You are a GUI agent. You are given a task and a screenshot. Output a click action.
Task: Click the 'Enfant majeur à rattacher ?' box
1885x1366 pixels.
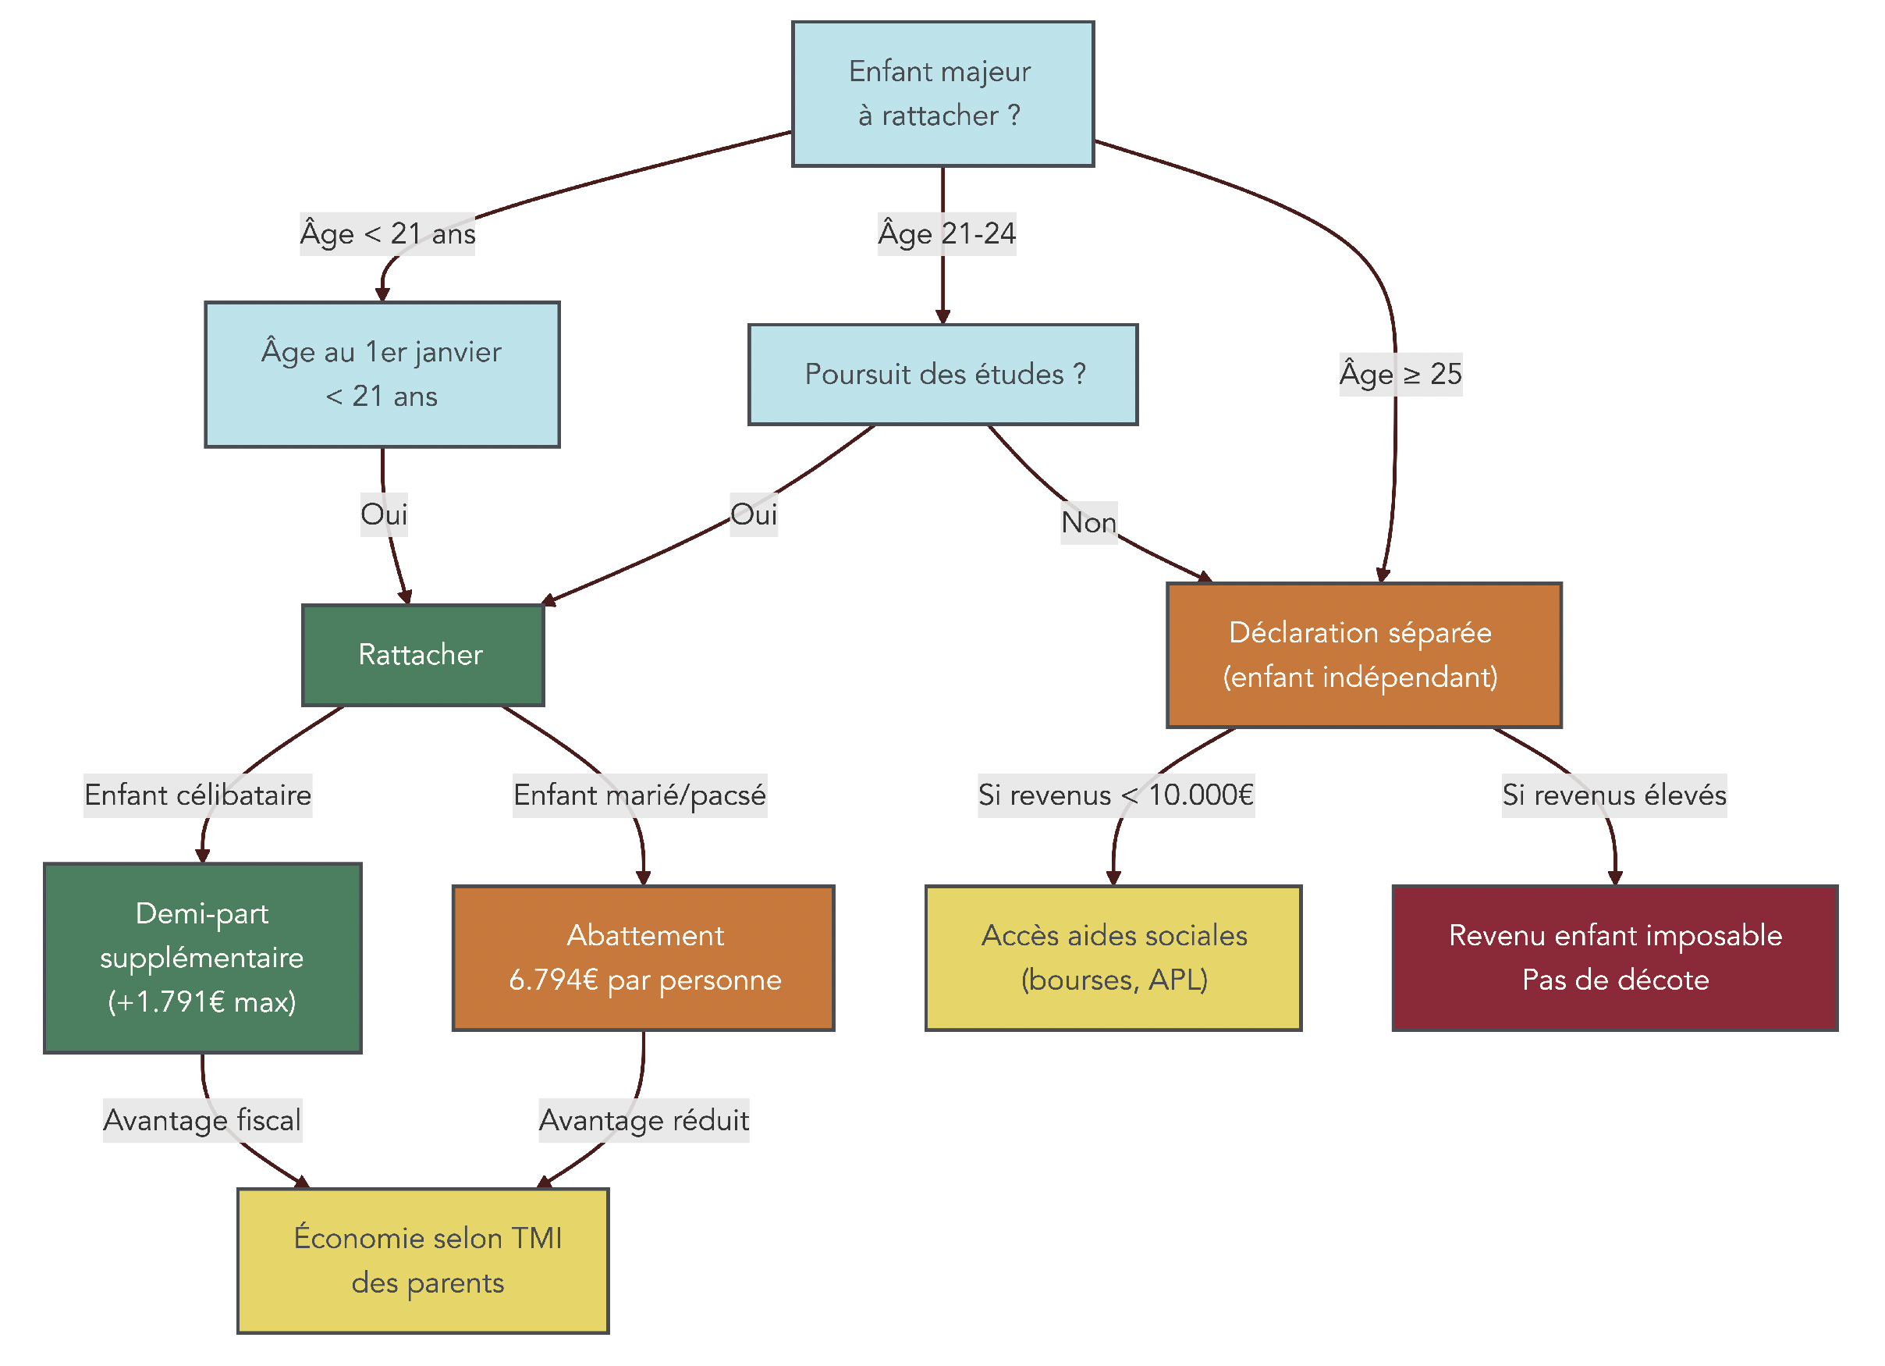[942, 94]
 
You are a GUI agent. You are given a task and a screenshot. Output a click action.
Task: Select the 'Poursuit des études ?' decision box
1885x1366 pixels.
[942, 374]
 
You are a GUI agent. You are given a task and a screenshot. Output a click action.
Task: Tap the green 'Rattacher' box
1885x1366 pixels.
[422, 655]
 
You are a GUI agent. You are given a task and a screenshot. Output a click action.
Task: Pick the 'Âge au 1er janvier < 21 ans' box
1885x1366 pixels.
[382, 374]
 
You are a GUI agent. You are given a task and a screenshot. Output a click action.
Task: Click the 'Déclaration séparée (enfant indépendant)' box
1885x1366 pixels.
[1363, 655]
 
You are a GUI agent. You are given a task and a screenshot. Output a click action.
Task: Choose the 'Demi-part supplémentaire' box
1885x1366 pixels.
[202, 958]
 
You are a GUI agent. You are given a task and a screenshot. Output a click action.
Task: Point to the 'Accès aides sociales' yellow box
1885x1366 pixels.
[1113, 958]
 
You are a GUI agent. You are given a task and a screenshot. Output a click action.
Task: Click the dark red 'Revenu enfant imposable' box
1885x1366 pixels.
[1614, 958]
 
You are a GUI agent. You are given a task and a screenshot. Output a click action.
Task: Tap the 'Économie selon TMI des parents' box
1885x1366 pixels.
[422, 1261]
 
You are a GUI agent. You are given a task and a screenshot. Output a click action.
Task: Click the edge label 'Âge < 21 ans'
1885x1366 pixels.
[387, 233]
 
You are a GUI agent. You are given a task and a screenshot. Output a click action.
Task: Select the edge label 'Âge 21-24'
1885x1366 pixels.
[946, 233]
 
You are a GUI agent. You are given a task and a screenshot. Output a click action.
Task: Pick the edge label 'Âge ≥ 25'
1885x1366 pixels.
[1400, 374]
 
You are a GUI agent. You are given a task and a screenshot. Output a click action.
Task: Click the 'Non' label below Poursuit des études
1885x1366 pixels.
[1088, 522]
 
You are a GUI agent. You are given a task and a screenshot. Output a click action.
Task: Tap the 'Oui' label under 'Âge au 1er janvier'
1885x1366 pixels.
[383, 514]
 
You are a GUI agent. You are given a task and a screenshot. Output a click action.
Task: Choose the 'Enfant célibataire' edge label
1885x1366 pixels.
[198, 795]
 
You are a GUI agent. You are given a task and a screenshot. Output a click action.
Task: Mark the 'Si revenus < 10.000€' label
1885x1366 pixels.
[1116, 795]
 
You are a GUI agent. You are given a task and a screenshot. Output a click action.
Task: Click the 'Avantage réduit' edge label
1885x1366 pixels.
[644, 1120]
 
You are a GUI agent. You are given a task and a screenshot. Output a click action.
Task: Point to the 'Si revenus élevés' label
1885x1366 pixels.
[1613, 795]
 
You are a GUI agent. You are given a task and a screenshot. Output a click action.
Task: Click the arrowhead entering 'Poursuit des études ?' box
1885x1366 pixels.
[942, 317]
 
